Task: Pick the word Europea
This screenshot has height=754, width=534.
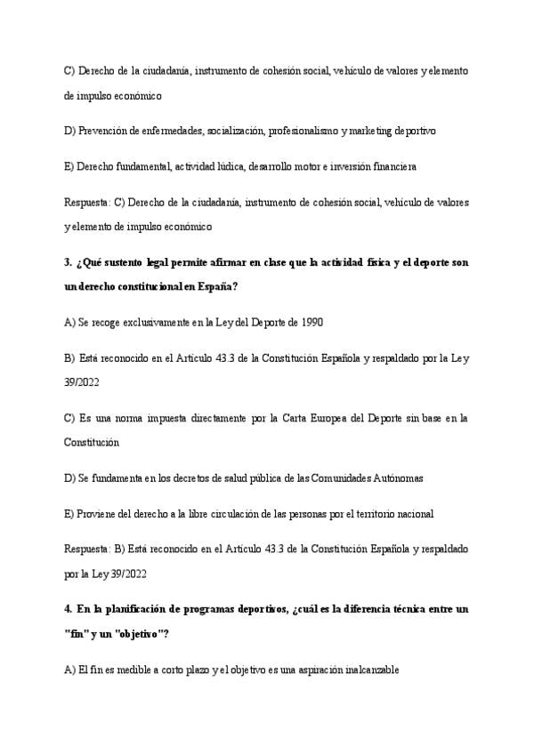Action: (x=325, y=417)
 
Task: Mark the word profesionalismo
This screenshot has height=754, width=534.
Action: (x=303, y=131)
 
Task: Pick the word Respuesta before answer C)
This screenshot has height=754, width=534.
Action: (x=87, y=202)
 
